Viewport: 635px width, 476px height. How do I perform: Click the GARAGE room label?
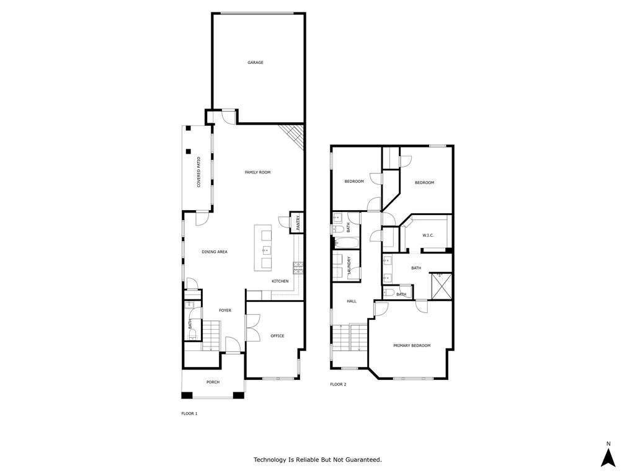point(255,63)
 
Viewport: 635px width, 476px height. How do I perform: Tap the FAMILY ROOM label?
point(257,172)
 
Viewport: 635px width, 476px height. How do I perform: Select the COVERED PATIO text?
point(199,172)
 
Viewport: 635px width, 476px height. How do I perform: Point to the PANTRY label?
point(298,223)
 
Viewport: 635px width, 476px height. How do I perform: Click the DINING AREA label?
point(215,252)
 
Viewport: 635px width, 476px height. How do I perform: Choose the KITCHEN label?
point(280,281)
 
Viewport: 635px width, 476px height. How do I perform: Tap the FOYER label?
point(224,311)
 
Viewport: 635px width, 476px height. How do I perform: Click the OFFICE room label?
point(277,336)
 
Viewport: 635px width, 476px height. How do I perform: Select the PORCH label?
point(213,382)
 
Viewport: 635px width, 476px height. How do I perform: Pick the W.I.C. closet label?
point(428,235)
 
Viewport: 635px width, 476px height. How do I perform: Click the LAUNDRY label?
point(350,266)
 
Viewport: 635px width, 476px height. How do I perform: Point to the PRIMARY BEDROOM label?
point(412,345)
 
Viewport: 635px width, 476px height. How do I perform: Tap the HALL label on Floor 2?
point(352,301)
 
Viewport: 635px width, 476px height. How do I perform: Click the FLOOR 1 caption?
point(189,413)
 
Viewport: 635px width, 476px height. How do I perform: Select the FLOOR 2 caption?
point(338,384)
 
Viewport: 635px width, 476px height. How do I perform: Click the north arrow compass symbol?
point(609,456)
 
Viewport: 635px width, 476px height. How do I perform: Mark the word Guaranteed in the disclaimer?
point(362,460)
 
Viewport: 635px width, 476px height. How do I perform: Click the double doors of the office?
point(252,327)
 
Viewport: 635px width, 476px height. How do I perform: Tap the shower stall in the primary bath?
point(441,286)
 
